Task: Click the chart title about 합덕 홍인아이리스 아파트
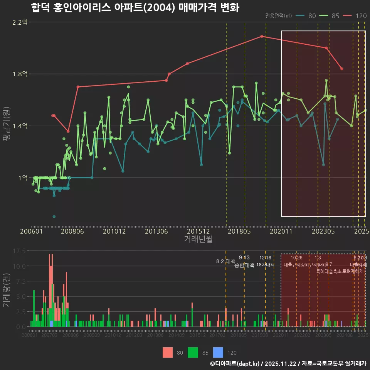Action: (135, 8)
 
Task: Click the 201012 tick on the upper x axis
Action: (114, 232)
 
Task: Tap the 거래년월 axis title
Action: (198, 239)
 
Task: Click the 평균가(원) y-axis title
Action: (7, 126)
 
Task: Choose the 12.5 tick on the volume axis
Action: (19, 251)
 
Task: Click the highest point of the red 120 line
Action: (262, 36)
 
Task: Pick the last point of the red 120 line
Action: (342, 69)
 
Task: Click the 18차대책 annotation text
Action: (265, 265)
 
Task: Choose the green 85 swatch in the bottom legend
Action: (193, 352)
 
